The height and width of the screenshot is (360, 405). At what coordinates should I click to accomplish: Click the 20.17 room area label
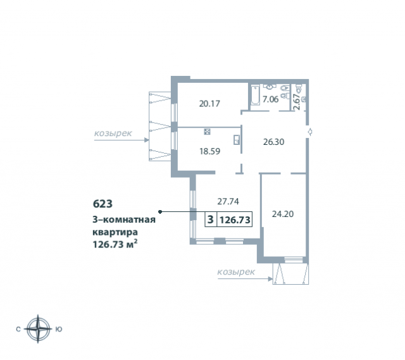[x=209, y=104]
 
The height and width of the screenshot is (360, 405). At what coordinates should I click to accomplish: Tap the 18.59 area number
[x=209, y=151]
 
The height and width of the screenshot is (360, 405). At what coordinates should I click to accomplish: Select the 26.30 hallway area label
[x=273, y=142]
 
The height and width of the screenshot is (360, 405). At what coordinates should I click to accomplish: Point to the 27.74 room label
[x=228, y=201]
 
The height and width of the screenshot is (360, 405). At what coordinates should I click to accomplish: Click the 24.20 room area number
[x=283, y=214]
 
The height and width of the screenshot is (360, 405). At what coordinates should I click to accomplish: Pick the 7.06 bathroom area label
[x=270, y=99]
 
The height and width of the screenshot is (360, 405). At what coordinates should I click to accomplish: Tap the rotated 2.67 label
[x=297, y=102]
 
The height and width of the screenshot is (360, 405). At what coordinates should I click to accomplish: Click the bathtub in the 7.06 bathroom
[x=255, y=96]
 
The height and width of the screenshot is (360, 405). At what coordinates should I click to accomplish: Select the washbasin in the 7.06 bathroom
[x=270, y=87]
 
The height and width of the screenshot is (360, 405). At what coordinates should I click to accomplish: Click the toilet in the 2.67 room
[x=299, y=89]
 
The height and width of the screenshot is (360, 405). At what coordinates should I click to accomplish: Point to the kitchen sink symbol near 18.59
[x=236, y=140]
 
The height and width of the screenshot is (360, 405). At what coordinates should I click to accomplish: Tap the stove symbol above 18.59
[x=207, y=132]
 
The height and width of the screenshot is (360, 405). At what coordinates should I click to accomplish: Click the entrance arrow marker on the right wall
[x=310, y=132]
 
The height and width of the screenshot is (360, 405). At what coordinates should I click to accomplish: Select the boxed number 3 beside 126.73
[x=211, y=220]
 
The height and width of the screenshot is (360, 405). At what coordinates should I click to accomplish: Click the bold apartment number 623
[x=103, y=204]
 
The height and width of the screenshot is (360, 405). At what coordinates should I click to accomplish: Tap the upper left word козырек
[x=113, y=133]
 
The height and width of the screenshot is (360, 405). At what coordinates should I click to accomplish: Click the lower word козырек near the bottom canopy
[x=236, y=271]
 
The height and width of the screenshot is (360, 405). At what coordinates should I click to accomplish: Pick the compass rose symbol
[x=38, y=329]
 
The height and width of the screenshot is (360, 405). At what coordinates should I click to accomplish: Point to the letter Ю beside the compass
[x=59, y=329]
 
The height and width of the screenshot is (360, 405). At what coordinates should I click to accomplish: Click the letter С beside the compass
[x=18, y=329]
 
